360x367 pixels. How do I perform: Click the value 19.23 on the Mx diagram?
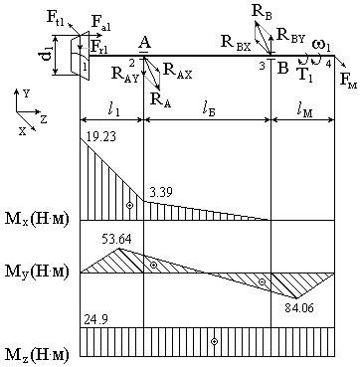click(x=101, y=136)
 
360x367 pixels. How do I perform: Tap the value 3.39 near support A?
click(x=159, y=191)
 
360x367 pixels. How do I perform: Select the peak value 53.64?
click(x=116, y=239)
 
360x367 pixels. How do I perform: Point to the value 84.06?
click(x=298, y=308)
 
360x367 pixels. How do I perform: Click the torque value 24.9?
click(x=94, y=320)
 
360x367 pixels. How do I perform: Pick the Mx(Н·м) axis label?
click(x=37, y=220)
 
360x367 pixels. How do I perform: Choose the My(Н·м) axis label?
click(x=37, y=273)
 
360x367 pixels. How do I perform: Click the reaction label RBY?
click(x=289, y=35)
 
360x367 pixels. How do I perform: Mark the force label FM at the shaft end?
click(x=348, y=83)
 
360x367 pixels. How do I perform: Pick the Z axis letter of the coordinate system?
click(x=44, y=119)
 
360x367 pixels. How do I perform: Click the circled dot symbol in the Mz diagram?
click(x=215, y=341)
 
